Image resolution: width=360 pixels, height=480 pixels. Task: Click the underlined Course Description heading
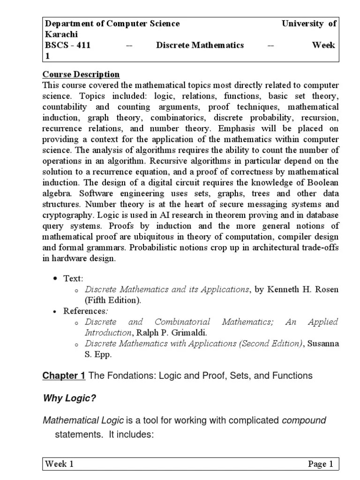(x=81, y=75)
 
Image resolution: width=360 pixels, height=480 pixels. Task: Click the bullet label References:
(x=84, y=311)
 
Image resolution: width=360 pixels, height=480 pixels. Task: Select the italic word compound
(x=304, y=420)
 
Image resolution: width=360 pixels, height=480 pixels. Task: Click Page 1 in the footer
(x=320, y=465)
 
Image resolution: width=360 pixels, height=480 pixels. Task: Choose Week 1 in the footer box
(x=60, y=465)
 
